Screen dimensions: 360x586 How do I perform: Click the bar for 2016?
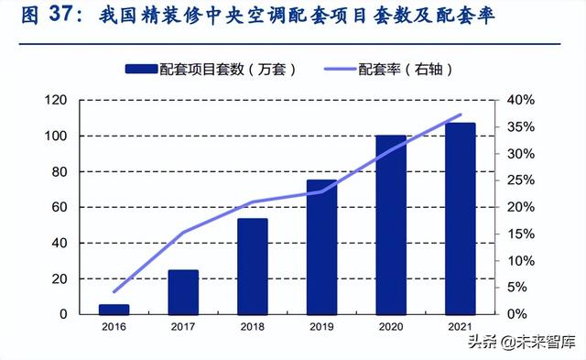pos(114,310)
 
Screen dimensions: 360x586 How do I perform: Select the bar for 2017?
pos(183,292)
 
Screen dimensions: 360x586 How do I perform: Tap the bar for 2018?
pos(253,267)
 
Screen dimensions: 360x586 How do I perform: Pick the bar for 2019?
pos(321,247)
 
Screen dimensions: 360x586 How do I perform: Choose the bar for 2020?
pos(391,225)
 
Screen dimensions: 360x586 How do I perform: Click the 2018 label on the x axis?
pos(253,326)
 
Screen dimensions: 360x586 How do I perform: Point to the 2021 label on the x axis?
pos(460,326)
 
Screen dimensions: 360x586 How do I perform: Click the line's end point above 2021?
pos(460,115)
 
